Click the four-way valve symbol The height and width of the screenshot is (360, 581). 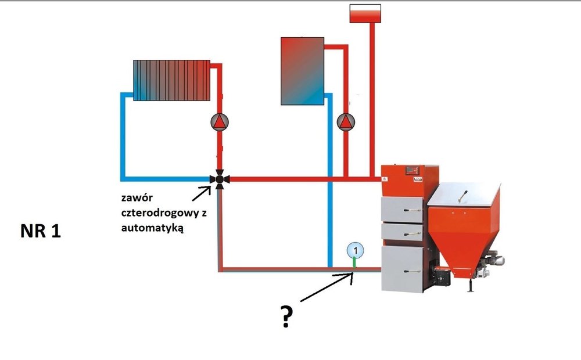(x=220, y=179)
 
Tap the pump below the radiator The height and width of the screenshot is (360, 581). (x=220, y=121)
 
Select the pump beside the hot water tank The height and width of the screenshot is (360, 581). (x=346, y=121)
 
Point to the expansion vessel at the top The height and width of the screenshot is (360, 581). (x=365, y=13)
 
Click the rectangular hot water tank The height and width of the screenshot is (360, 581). (x=302, y=71)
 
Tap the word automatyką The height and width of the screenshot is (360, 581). (x=153, y=228)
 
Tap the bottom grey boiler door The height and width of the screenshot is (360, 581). (x=402, y=268)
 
